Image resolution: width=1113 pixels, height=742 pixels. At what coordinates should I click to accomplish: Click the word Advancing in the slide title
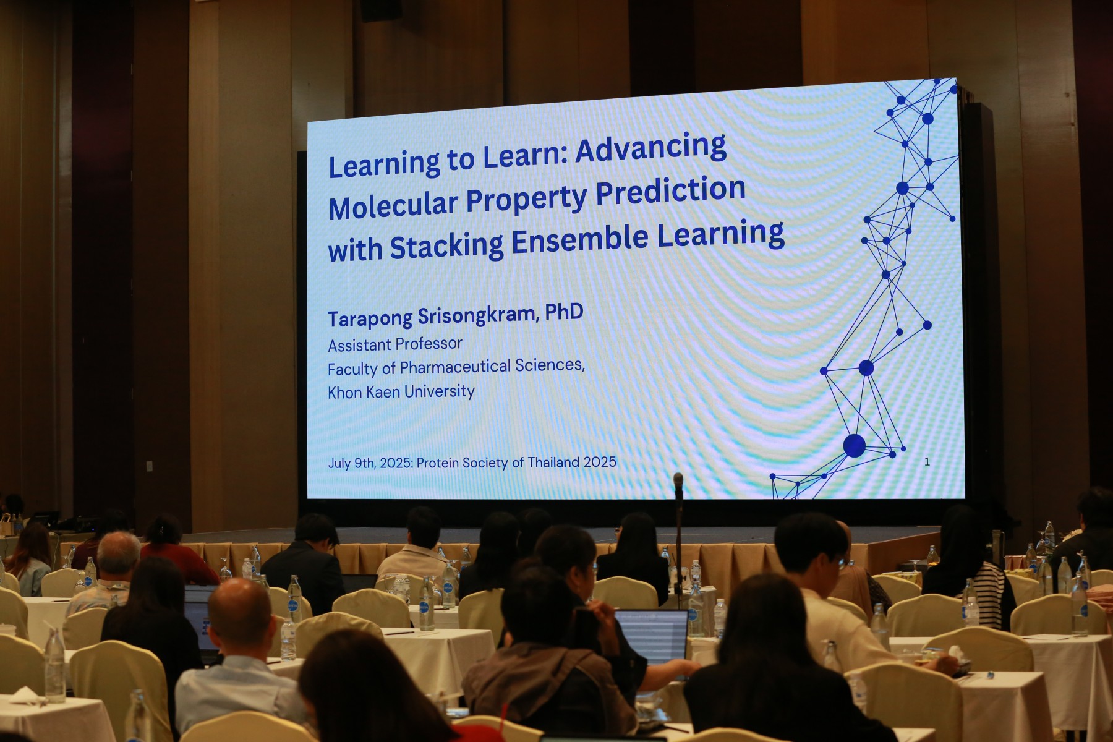[650, 150]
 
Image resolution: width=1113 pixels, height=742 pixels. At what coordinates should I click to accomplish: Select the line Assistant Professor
[395, 344]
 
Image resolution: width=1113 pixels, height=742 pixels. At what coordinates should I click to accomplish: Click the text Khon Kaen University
[401, 391]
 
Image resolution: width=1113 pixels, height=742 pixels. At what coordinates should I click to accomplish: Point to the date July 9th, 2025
[370, 463]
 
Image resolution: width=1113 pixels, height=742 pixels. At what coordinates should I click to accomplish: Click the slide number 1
[927, 461]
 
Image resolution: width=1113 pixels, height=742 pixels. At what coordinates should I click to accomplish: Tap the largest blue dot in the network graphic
[855, 445]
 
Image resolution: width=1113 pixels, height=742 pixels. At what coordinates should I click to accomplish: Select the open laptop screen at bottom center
[651, 636]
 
